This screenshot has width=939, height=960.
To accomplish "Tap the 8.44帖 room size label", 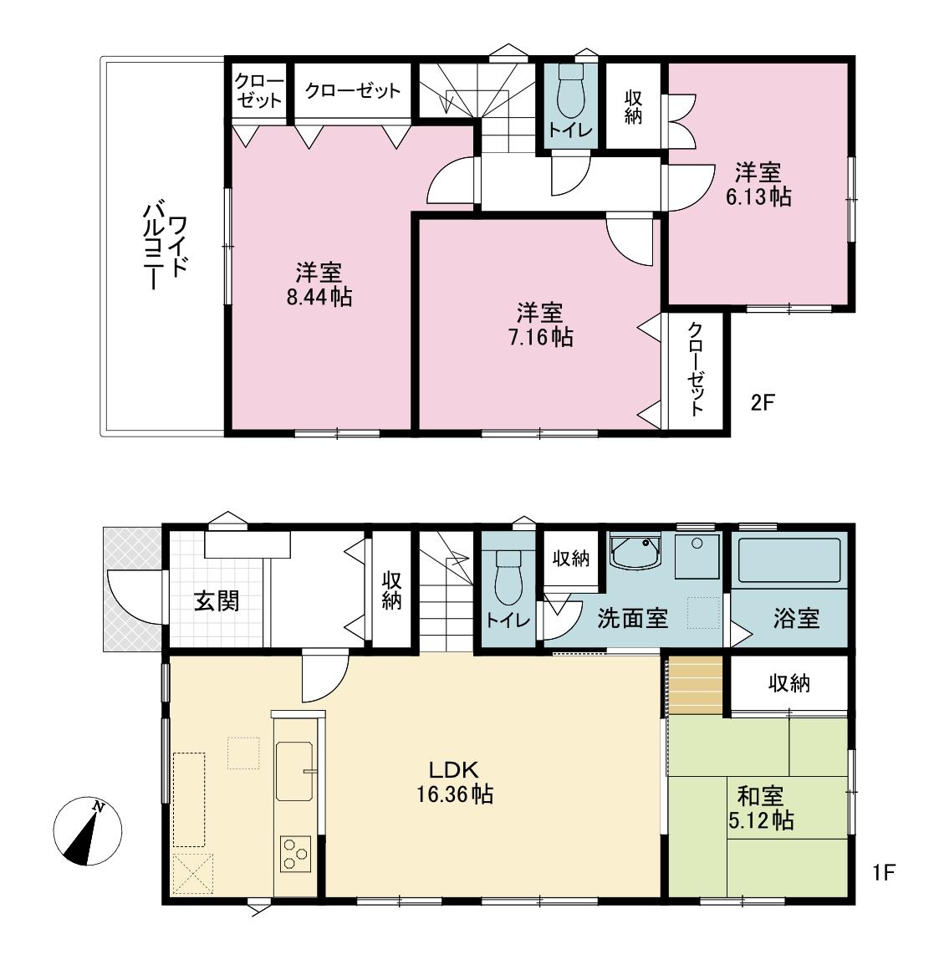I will click(x=319, y=284).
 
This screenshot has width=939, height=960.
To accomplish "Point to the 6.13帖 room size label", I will click(x=758, y=185).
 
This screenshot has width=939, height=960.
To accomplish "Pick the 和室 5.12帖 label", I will click(x=759, y=807).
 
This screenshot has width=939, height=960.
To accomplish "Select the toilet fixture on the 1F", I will click(x=508, y=576).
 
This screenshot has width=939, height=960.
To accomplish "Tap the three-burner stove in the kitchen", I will click(x=294, y=854).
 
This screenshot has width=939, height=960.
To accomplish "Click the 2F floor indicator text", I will click(x=763, y=402).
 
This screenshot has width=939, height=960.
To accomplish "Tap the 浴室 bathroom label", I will click(x=796, y=619).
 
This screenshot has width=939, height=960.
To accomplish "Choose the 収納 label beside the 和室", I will click(x=788, y=683).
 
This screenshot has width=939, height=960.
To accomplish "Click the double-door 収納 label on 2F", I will click(x=633, y=105).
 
